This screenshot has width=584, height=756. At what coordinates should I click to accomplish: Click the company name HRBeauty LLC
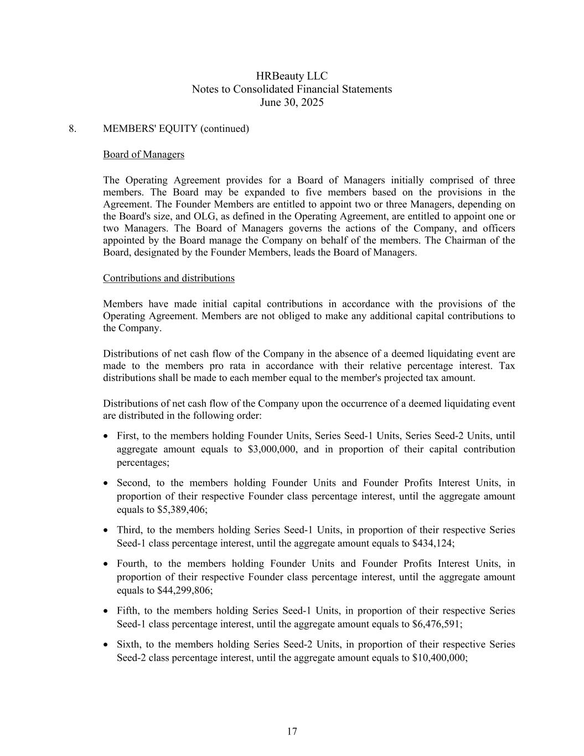(x=292, y=76)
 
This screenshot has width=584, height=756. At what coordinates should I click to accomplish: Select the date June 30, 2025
(x=292, y=102)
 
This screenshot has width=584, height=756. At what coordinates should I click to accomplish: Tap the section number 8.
(x=73, y=128)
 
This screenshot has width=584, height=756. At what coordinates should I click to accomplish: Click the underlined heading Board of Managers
(x=143, y=155)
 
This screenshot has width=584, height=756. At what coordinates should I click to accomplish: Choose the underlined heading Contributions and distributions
(x=168, y=278)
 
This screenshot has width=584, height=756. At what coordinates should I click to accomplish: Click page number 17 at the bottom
(x=292, y=732)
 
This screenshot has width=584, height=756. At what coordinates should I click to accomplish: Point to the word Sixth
(x=128, y=645)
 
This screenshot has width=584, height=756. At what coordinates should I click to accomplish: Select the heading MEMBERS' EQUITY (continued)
(x=175, y=128)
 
